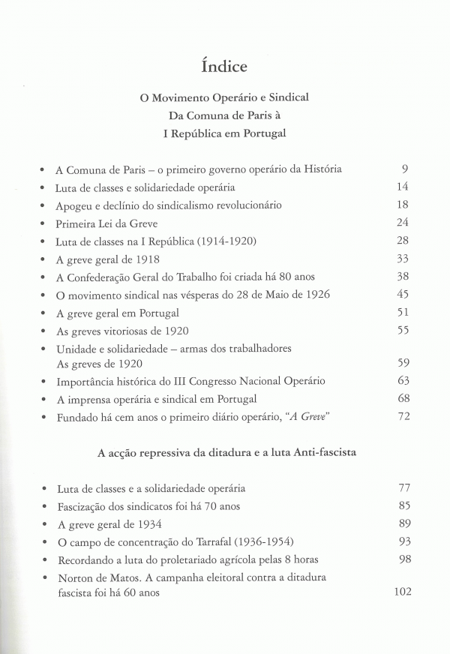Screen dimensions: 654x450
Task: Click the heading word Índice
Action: pyautogui.click(x=224, y=66)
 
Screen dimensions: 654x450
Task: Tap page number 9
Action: pyautogui.click(x=404, y=169)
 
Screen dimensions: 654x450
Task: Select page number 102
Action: pyautogui.click(x=403, y=592)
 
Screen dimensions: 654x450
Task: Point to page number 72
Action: pyautogui.click(x=402, y=416)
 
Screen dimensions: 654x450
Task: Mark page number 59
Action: pyautogui.click(x=402, y=363)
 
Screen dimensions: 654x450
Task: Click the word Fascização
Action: pyautogui.click(x=83, y=506)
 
